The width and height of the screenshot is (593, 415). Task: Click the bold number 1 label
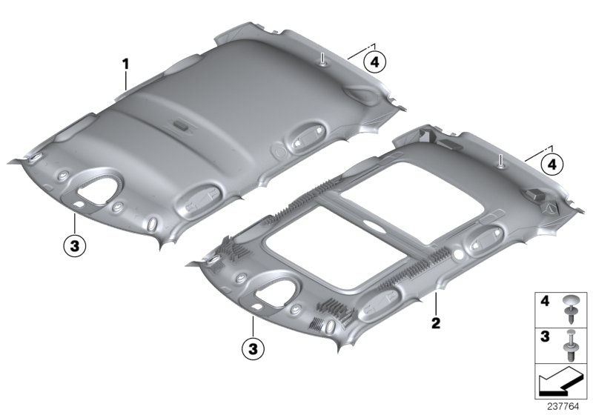pyautogui.click(x=125, y=64)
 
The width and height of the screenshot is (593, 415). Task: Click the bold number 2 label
pyautogui.click(x=436, y=323)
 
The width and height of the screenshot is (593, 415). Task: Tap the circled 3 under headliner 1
pyautogui.click(x=75, y=247)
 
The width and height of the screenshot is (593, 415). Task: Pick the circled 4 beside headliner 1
pyautogui.click(x=375, y=62)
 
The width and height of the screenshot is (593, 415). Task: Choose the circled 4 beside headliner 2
pyautogui.click(x=552, y=165)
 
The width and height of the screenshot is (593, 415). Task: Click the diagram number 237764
pyautogui.click(x=563, y=407)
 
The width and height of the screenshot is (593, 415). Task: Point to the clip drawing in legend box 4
pyautogui.click(x=569, y=310)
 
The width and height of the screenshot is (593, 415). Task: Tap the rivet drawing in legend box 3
pyautogui.click(x=569, y=345)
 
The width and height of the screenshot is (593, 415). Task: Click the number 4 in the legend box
pyautogui.click(x=545, y=301)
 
